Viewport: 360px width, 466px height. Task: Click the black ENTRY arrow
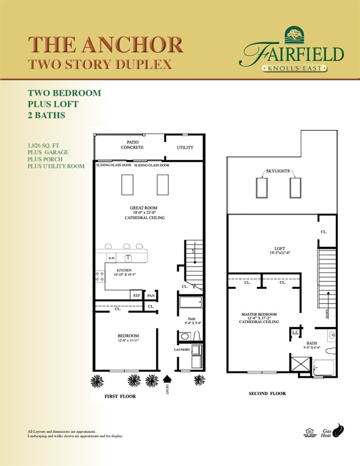coord(168,380)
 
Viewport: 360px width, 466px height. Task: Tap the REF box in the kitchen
coord(136,295)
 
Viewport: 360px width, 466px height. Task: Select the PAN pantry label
coord(151,295)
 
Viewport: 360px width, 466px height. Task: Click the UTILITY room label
coord(184,148)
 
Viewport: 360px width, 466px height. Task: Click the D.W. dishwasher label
coord(111,258)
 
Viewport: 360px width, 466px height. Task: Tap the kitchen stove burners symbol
coord(100,276)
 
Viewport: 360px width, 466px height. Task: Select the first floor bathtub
coord(190,303)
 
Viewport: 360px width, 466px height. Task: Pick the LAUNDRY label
coord(182,350)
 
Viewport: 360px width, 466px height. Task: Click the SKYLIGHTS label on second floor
coord(277,171)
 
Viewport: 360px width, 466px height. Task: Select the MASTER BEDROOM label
coord(259,318)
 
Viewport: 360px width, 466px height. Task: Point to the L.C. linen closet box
coord(295,332)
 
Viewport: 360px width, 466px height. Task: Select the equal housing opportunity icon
coord(310,431)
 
